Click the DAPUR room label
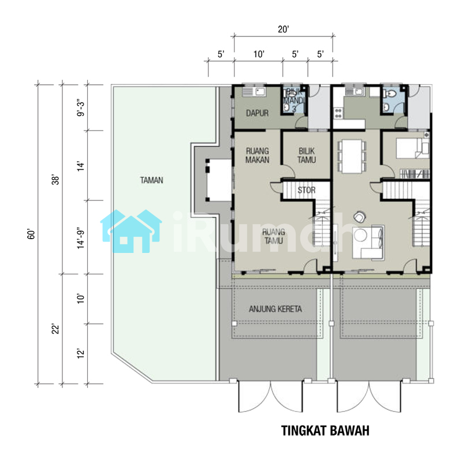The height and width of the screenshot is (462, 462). click(257, 113)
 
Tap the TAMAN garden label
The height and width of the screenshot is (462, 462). click(151, 180)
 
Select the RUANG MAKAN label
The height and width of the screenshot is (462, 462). click(257, 155)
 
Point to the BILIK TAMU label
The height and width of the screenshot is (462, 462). click(307, 155)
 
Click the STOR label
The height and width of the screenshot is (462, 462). click(307, 190)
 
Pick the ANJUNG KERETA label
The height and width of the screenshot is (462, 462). click(275, 309)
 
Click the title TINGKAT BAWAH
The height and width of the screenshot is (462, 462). click(325, 430)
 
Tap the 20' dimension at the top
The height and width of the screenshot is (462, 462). click(284, 29)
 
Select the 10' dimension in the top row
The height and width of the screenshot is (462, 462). click(259, 54)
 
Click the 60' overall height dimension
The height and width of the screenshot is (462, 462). click(31, 234)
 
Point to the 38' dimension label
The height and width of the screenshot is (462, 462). click(55, 180)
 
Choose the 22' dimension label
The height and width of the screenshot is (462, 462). click(55, 329)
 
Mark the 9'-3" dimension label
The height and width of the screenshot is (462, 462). click(80, 108)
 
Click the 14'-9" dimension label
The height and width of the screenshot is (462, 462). click(80, 238)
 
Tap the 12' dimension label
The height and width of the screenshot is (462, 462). click(80, 353)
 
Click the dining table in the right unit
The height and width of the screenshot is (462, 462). click(352, 156)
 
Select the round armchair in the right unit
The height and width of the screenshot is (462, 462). click(359, 217)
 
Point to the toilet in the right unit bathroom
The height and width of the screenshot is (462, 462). click(390, 94)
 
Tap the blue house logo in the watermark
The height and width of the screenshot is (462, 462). click(131, 232)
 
